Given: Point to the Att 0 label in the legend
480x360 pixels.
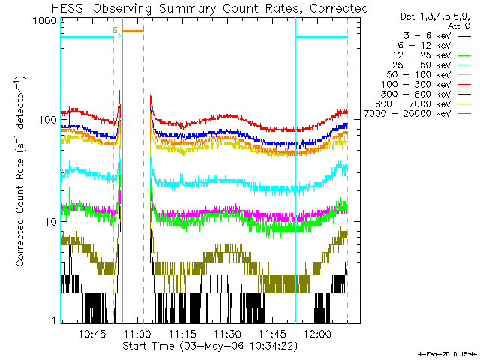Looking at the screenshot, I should click(458, 25).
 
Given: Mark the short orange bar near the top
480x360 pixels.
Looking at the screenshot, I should click(133, 31).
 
